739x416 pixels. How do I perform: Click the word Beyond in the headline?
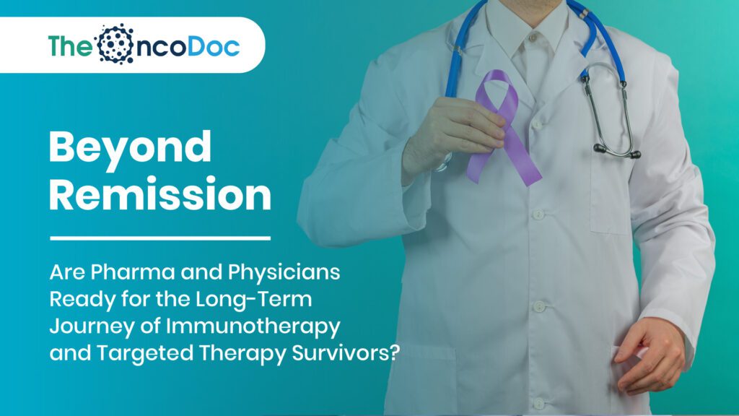pyautogui.click(x=131, y=149)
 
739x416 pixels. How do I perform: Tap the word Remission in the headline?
pyautogui.click(x=160, y=194)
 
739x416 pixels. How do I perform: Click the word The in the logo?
pyautogui.click(x=71, y=45)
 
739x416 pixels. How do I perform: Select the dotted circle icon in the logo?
pyautogui.click(x=115, y=44)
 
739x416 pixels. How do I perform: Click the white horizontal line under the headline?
pyautogui.click(x=159, y=237)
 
